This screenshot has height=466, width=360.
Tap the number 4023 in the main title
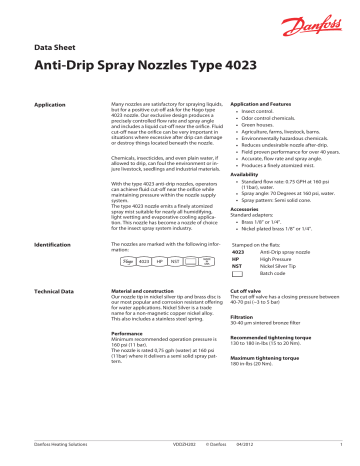coord(212,64)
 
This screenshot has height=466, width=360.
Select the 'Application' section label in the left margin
coord(50,103)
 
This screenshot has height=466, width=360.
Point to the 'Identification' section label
coord(53,243)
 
